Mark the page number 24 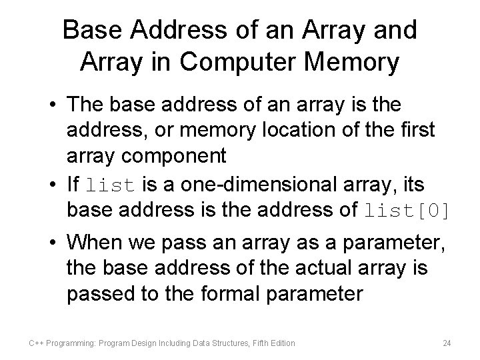[447, 343]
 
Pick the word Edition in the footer [283, 343]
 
